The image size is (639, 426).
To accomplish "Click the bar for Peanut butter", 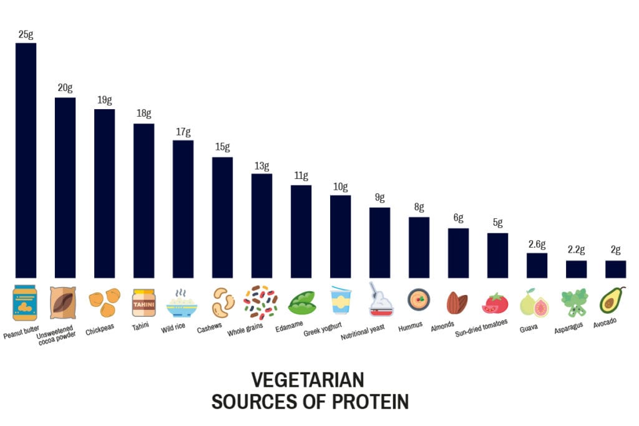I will pos(26,160).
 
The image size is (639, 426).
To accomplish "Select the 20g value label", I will pos(65,88).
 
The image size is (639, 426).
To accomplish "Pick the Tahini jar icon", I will pos(144,302).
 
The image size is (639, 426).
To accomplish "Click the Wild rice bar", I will pos(183,209).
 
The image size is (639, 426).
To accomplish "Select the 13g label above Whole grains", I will pos(261,166).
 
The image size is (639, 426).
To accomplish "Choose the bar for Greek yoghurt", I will pos(340,236).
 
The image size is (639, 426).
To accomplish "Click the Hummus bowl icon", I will pos(419,300).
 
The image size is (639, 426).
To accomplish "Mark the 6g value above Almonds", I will pos(458,218).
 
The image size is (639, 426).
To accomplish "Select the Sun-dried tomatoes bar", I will pos(497,255).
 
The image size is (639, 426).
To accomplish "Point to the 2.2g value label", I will pos(576,250).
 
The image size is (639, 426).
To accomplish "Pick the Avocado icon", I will pos(613,300).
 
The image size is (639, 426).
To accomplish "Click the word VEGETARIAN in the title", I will pos(308,380).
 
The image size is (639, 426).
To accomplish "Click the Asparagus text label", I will pos(569,327).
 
